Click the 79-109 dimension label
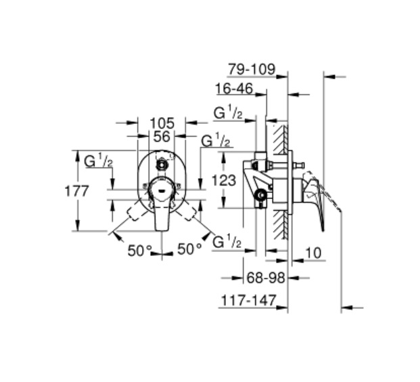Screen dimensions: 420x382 click(x=252, y=69)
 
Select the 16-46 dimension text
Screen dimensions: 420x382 click(x=235, y=89)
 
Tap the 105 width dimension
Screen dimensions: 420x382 click(x=162, y=123)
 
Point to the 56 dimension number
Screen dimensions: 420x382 click(x=162, y=137)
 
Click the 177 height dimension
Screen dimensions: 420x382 click(x=76, y=191)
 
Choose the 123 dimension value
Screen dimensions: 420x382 click(x=224, y=180)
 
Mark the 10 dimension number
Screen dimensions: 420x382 click(x=313, y=253)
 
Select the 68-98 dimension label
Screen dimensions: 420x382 click(x=265, y=278)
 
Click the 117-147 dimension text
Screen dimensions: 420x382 click(x=248, y=300)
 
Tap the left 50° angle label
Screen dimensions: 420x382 click(x=140, y=251)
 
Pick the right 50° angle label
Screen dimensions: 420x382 click(x=189, y=249)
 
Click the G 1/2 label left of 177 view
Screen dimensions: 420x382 click(x=98, y=161)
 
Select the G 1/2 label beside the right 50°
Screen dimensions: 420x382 click(x=227, y=241)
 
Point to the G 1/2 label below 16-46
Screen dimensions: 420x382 click(x=228, y=112)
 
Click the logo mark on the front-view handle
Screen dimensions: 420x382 click(x=162, y=191)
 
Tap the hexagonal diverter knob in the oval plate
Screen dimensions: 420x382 click(x=162, y=165)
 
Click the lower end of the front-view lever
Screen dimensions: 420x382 click(x=162, y=230)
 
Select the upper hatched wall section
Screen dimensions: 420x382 click(x=281, y=140)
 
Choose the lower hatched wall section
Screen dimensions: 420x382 click(x=281, y=224)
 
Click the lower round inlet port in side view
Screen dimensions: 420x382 click(x=260, y=195)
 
